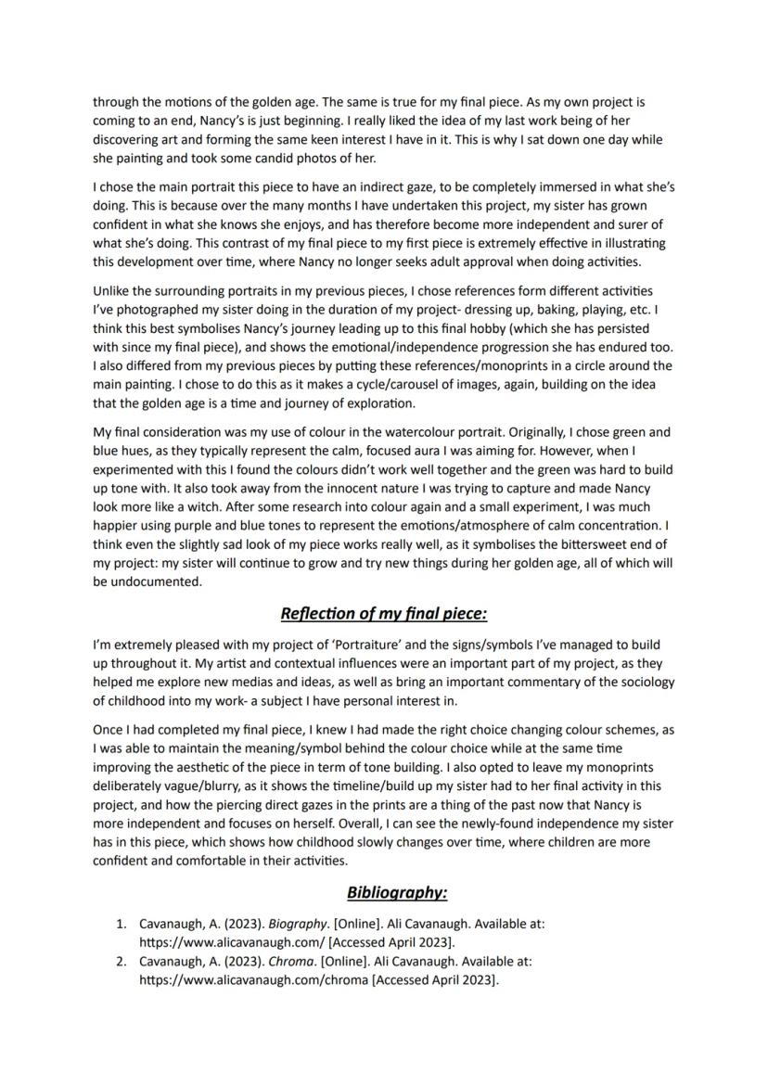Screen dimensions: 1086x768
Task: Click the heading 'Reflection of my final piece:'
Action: [x=383, y=614]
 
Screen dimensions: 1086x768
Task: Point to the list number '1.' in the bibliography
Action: [x=122, y=924]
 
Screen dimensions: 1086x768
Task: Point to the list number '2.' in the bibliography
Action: [x=122, y=963]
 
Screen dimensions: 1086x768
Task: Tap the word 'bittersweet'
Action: [x=558, y=544]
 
